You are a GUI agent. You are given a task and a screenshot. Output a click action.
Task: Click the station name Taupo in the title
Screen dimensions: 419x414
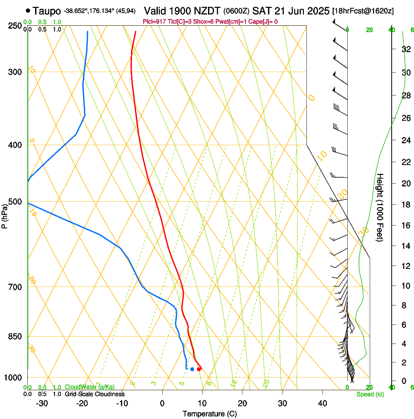(47, 11)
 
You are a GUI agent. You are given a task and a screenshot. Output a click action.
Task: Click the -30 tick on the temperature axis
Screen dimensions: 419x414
(42, 403)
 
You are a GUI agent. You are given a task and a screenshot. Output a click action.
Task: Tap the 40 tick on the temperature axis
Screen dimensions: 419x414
(322, 403)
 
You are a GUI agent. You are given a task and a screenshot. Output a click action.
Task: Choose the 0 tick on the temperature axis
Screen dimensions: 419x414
(163, 403)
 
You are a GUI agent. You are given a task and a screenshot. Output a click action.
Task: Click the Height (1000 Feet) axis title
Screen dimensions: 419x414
(380, 208)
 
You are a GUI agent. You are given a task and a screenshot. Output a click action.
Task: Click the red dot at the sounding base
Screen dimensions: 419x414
(199, 369)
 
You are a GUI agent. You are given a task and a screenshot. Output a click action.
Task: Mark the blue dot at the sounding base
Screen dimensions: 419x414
(192, 369)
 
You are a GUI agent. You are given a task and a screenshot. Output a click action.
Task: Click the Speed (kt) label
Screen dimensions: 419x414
(370, 394)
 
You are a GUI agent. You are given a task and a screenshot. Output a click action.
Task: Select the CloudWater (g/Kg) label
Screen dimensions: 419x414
(90, 387)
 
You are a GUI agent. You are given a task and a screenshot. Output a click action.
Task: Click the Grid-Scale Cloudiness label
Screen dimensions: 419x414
(94, 394)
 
